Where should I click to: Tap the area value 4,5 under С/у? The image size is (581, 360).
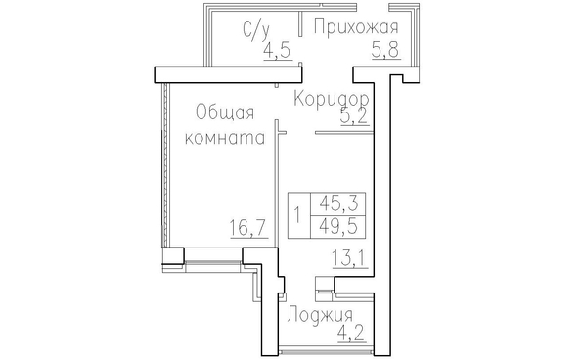[x=277, y=50]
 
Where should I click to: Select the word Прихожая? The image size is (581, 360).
[x=356, y=27]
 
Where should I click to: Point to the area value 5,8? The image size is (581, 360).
[x=385, y=49]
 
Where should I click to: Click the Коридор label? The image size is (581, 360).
[x=332, y=99]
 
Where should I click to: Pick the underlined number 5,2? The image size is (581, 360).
[x=354, y=116]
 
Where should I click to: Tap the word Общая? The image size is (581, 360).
[x=225, y=112]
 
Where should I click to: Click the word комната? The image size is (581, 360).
[x=225, y=138]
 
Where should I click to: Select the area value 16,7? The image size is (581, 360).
[x=247, y=228]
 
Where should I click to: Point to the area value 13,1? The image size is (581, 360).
[x=349, y=258]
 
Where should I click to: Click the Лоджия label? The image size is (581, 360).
[x=320, y=316]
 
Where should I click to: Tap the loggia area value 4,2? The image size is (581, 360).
[x=351, y=334]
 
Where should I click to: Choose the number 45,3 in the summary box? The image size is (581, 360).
[x=338, y=203]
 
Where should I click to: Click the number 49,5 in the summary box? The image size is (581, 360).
[x=338, y=226]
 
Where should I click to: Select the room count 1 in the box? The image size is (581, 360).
[x=297, y=215]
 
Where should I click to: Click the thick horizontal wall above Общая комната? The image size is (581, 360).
[x=228, y=74]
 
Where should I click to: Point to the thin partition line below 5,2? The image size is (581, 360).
[x=344, y=132]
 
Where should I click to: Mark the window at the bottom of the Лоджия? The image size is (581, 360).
[x=326, y=349]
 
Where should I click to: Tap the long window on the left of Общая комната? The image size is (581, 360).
[x=165, y=165]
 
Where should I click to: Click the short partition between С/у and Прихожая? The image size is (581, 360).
[x=300, y=24]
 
